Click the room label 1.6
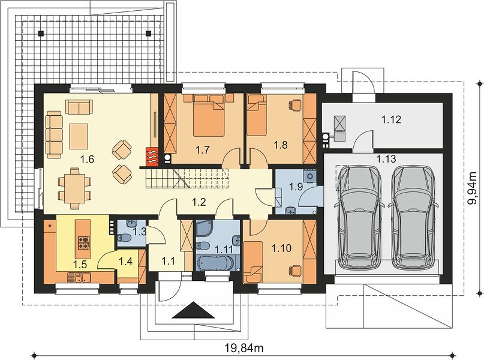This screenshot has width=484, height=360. click(87, 160)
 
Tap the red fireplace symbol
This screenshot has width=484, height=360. click(152, 155)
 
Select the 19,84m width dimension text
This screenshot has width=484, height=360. click(243, 348)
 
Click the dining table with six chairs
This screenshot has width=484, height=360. click(74, 188)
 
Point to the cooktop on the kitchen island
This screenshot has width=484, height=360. click(83, 242)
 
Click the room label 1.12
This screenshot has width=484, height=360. click(391, 119)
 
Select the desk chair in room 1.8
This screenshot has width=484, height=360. click(296, 105)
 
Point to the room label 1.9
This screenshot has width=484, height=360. click(296, 187)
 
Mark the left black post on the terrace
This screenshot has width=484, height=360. click(41, 33)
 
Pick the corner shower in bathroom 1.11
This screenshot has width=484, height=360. click(204, 229)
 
